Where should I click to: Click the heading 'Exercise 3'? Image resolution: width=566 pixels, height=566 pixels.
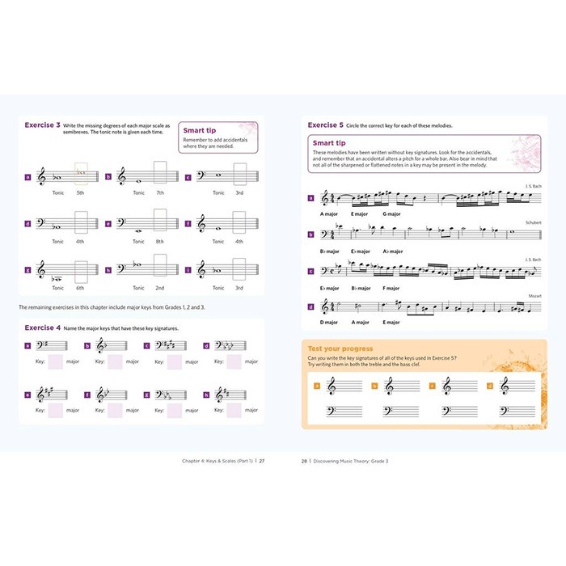(x=42, y=125)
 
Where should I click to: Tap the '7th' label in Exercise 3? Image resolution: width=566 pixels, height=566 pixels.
(x=160, y=193)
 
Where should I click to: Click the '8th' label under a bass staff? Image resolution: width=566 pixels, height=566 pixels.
(x=160, y=241)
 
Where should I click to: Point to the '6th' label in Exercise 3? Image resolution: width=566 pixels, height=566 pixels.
(x=80, y=288)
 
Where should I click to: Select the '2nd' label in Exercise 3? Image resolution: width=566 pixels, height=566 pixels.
(x=160, y=288)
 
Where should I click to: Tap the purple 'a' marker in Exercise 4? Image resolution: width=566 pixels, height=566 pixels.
(x=27, y=345)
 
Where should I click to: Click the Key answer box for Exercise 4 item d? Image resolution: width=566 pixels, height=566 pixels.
(x=234, y=363)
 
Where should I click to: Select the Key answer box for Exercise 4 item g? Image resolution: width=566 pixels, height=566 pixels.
(x=175, y=410)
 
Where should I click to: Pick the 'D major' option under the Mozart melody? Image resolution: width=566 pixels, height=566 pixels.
(x=328, y=322)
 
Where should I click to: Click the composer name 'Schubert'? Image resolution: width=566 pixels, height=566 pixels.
(x=533, y=221)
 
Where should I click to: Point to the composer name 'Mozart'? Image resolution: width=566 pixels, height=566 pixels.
(x=534, y=296)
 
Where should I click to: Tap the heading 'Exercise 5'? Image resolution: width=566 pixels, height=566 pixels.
(x=325, y=125)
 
